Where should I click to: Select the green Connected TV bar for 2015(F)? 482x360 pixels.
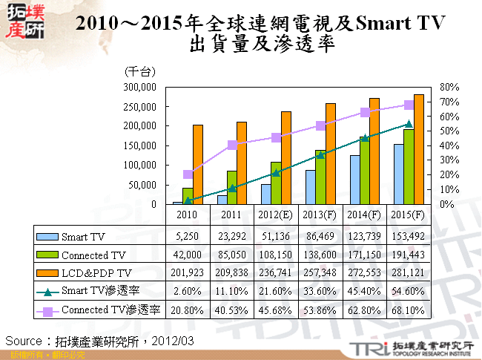409,167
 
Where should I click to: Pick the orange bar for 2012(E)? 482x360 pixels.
286,157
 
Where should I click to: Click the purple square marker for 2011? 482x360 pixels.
232,145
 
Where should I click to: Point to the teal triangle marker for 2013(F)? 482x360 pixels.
320,154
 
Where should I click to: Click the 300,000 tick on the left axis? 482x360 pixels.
139,88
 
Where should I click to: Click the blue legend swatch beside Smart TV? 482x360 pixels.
47,236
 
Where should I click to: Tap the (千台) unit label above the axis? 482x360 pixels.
140,72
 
